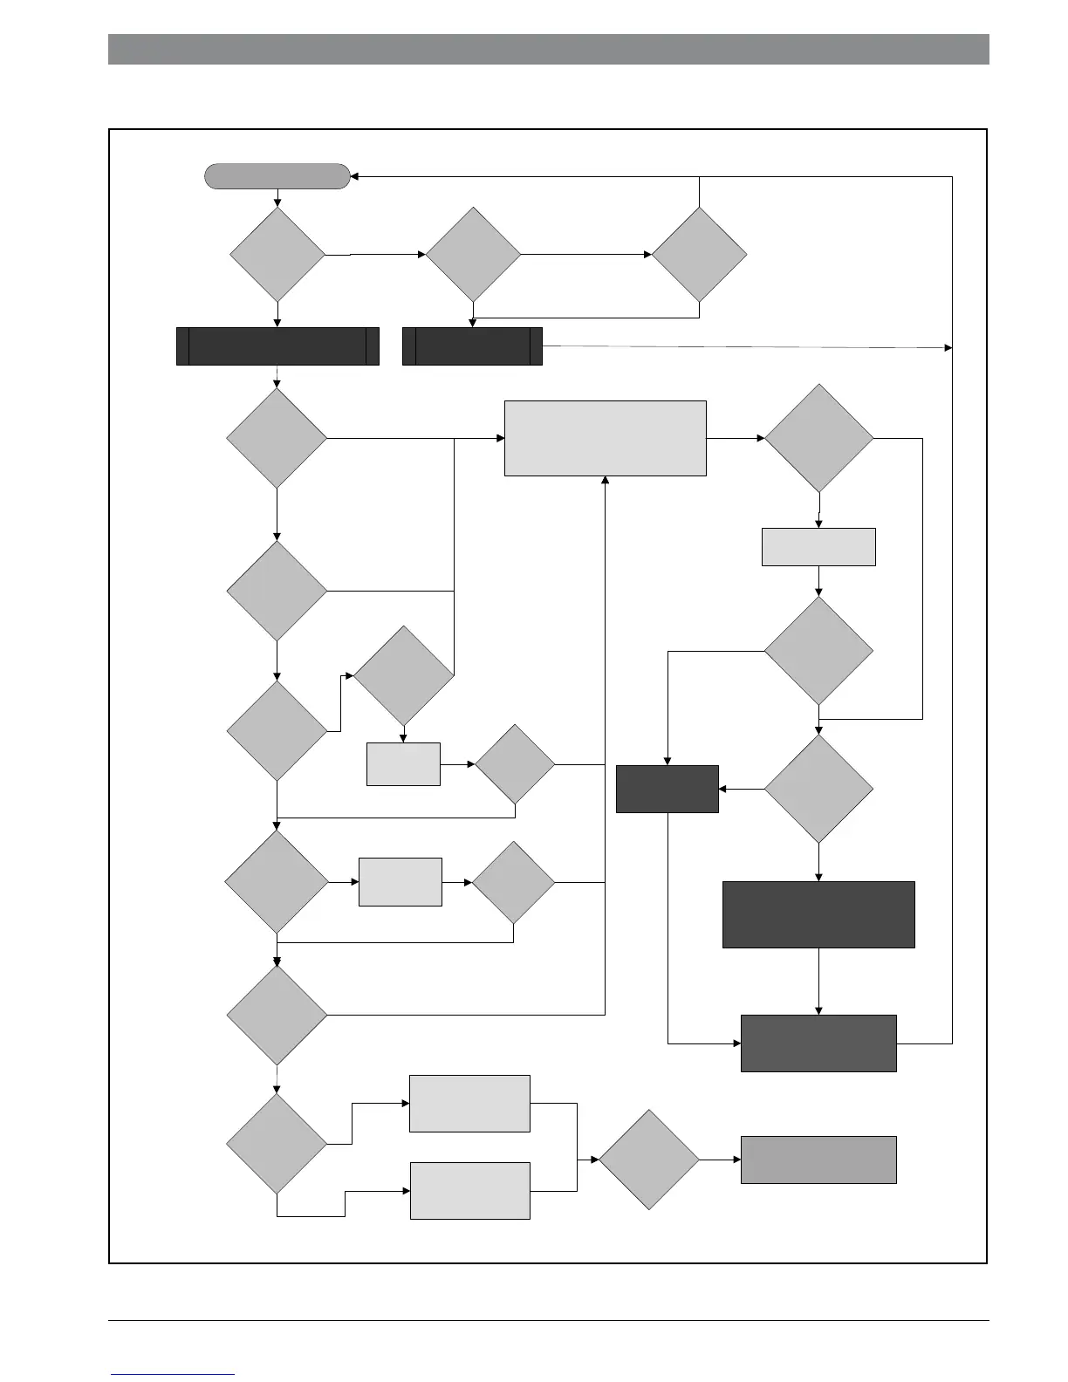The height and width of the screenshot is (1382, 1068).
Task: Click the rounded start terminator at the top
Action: coord(277,176)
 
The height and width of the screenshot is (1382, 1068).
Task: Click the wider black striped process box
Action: coord(277,346)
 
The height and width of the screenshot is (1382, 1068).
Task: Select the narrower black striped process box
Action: coord(472,346)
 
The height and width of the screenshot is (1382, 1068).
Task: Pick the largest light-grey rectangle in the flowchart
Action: coord(605,438)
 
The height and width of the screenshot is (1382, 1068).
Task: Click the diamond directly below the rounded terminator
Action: coord(277,255)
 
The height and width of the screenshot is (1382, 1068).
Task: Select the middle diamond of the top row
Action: coord(473,255)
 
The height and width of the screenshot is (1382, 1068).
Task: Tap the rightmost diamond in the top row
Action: coord(699,255)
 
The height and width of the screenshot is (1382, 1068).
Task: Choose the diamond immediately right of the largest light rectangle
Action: coord(818,438)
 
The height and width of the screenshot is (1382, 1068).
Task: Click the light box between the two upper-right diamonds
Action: coord(818,547)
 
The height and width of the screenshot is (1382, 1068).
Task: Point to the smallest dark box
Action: coord(667,789)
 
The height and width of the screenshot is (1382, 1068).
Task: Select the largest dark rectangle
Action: coord(818,914)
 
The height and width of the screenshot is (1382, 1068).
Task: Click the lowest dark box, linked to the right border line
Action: coord(818,1043)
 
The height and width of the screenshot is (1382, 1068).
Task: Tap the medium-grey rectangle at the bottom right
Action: coord(818,1160)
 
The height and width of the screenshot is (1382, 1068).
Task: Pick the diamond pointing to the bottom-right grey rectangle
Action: coord(649,1160)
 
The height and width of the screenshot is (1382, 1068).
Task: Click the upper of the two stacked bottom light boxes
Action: coord(469,1104)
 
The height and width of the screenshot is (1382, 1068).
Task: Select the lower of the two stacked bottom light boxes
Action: coord(469,1190)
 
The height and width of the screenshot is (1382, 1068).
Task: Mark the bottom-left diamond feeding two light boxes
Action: coord(277,1143)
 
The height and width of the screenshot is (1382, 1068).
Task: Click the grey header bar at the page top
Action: coord(548,49)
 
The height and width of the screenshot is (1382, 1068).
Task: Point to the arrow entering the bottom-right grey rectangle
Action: coord(721,1160)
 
